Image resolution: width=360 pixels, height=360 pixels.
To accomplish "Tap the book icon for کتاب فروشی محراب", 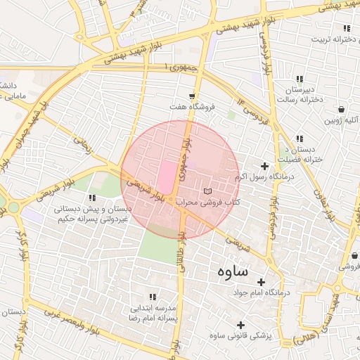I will pos(206,191).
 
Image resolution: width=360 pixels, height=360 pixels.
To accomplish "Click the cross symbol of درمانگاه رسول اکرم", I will pos(264,166).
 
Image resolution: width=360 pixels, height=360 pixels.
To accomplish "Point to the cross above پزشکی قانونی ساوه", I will pos(241,325).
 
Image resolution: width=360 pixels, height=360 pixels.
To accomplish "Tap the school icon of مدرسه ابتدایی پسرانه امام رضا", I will pos(154,297).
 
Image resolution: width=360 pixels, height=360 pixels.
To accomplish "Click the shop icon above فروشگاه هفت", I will pos(192,96).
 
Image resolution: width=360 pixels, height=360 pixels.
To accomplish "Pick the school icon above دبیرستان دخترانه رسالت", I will pos(300,79).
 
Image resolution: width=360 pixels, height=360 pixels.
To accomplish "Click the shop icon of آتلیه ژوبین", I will pos(341,110).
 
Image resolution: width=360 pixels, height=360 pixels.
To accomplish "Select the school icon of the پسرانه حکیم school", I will pos(93,198).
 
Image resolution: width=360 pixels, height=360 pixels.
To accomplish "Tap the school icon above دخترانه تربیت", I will pos(346,28).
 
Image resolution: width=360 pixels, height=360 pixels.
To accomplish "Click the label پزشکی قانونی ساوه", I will pos(243,335).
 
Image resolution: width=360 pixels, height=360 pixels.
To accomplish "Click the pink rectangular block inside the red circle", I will pos(167,176).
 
